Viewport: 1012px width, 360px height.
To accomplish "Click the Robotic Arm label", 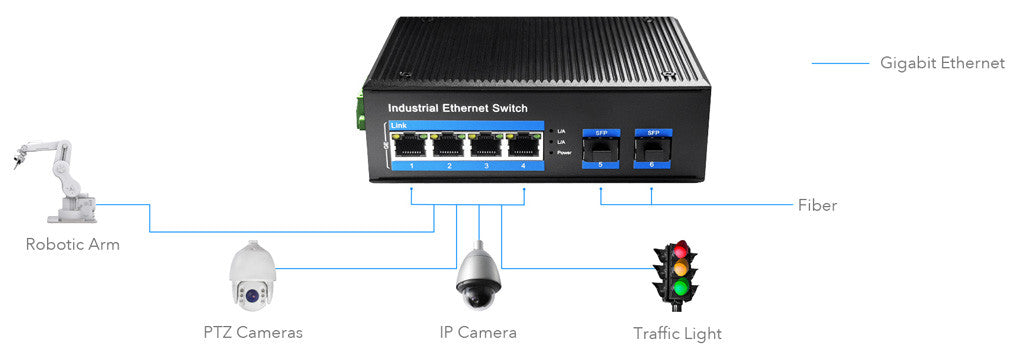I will (x=72, y=244).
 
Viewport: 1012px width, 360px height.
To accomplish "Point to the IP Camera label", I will (x=478, y=332).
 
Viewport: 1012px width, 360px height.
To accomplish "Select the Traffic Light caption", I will (x=677, y=333).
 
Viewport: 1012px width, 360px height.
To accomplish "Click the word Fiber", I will (x=817, y=206).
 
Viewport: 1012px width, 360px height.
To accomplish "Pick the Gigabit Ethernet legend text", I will (x=942, y=63).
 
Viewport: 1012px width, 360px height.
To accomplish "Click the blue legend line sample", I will (x=840, y=64).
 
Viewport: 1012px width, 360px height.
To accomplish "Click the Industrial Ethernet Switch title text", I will (x=457, y=108).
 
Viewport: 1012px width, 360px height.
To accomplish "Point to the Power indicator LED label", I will (x=563, y=154).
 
